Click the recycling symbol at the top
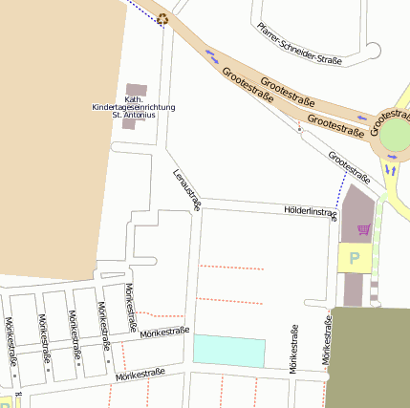[162, 18]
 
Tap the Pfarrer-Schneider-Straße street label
[299, 45]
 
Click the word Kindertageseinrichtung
[134, 106]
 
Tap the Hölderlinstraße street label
[311, 210]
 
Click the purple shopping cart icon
[363, 229]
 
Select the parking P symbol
[356, 257]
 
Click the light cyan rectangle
[229, 351]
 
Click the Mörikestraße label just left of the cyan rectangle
[163, 333]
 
